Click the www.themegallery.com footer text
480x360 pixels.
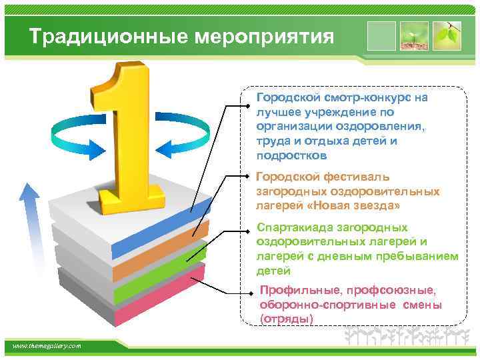tap(47, 345)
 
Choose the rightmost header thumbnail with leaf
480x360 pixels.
tap(446, 36)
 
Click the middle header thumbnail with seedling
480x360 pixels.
tap(414, 36)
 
